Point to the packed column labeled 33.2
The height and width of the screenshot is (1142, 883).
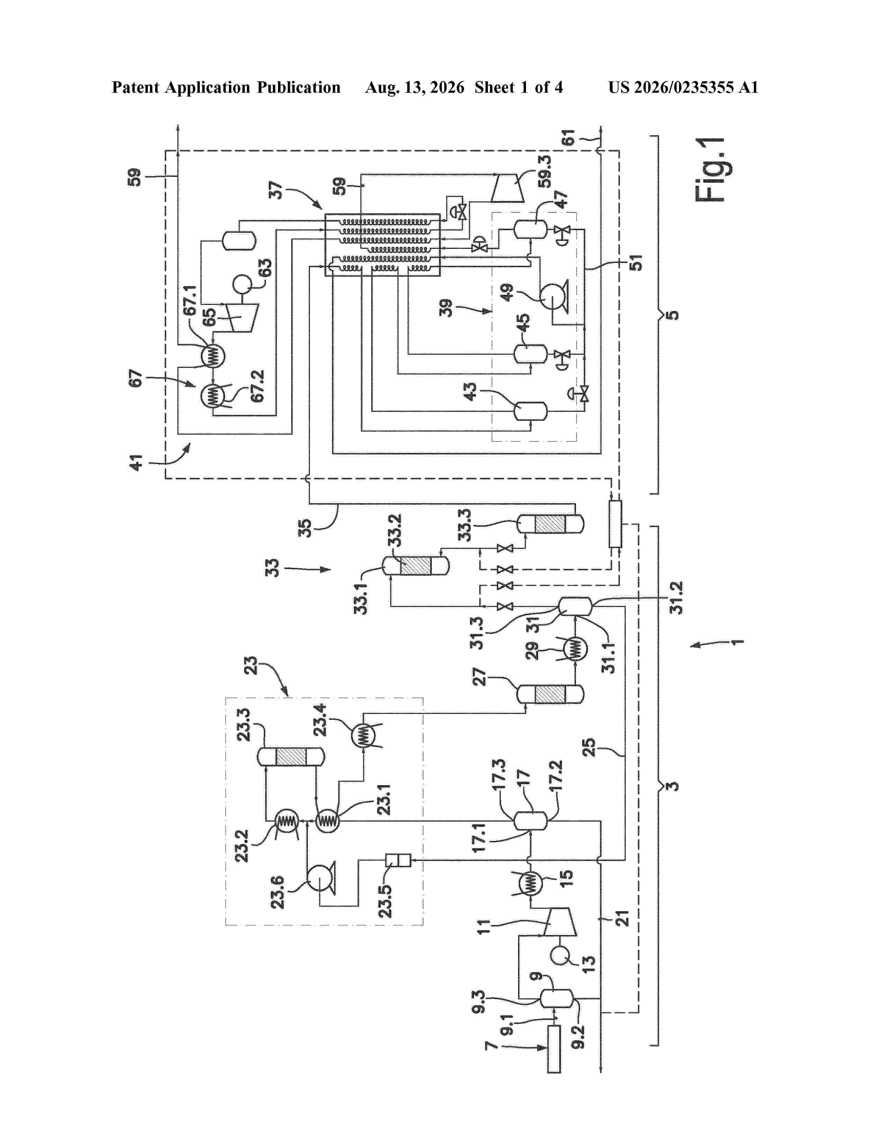416,565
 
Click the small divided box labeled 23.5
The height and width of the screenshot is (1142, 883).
398,860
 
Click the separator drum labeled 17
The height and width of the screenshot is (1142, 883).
530,821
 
